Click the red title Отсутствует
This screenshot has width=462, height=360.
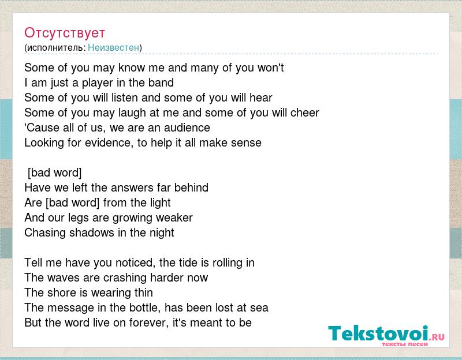pos(65,33)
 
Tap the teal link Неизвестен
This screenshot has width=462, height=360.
pos(113,47)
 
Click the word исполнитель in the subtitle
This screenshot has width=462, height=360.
pos(55,47)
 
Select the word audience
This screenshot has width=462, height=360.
pos(187,127)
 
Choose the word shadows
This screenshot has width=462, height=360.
pos(92,233)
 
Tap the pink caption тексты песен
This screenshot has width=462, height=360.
pos(405,344)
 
